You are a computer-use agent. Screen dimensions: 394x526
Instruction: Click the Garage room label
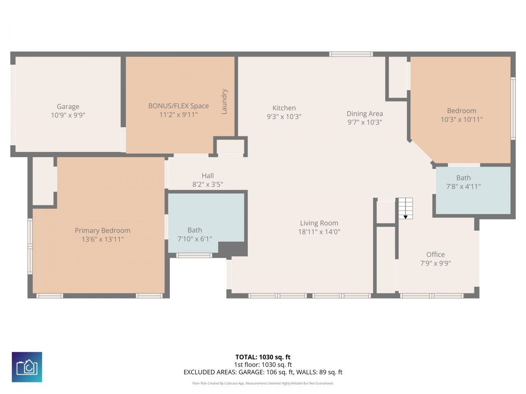point(68,107)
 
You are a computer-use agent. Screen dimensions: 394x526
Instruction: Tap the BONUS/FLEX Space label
point(178,106)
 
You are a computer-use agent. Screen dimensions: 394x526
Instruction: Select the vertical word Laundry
point(224,101)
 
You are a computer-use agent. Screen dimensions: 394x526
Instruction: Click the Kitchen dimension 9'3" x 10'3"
point(284,117)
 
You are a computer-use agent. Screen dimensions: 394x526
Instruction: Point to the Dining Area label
point(365,114)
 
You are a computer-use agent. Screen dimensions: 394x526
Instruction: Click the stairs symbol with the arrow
point(405,209)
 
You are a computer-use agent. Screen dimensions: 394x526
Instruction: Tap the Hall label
point(208,176)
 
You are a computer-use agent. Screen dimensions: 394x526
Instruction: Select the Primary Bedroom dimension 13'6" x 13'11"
point(102,239)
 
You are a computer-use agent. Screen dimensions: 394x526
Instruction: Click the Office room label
point(435,254)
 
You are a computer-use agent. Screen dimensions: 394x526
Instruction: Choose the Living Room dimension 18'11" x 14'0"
point(319,232)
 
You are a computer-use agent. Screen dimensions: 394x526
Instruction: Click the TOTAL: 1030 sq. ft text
point(263,357)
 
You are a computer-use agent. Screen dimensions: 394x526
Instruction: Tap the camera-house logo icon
point(27,367)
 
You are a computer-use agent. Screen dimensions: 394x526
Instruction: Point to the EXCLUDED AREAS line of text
point(263,372)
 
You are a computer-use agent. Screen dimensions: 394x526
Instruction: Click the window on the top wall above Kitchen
point(351,54)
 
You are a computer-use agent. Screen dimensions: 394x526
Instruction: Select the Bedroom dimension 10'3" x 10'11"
point(461,120)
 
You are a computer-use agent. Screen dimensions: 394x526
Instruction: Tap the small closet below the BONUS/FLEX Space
point(230,147)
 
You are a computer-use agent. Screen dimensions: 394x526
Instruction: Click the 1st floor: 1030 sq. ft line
point(263,364)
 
